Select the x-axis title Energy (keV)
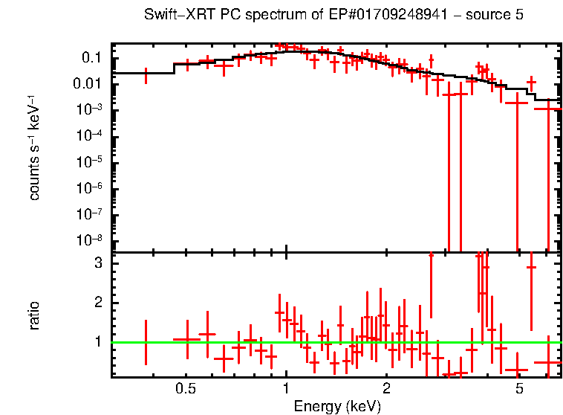pyautogui.click(x=336, y=406)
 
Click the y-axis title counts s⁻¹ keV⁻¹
pyautogui.click(x=35, y=149)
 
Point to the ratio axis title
pyautogui.click(x=35, y=315)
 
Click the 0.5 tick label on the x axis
pyautogui.click(x=186, y=389)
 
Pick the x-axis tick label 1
pyautogui.click(x=286, y=389)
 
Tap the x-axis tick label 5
pyautogui.click(x=519, y=389)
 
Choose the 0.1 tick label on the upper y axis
pyautogui.click(x=91, y=58)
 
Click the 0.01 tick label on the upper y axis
pyautogui.click(x=88, y=84)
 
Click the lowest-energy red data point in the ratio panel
pyautogui.click(x=146, y=342)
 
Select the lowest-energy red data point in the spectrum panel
pyautogui.click(x=146, y=75)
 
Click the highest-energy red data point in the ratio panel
pyautogui.click(x=548, y=362)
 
